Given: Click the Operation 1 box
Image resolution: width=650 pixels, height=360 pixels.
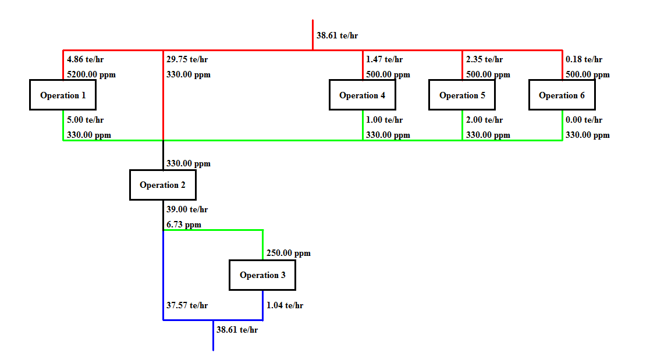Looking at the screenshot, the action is (63, 95).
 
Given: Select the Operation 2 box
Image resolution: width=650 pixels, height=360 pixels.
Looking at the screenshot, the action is (163, 185).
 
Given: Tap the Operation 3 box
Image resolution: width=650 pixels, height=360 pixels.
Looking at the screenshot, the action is (262, 275).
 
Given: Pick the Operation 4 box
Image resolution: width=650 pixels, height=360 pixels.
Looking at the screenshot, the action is (362, 95).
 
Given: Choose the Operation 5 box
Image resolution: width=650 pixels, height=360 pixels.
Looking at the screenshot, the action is (462, 95).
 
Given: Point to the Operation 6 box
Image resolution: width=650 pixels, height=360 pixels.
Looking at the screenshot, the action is (562, 95).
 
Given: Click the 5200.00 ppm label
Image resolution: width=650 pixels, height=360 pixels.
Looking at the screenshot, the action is (87, 75).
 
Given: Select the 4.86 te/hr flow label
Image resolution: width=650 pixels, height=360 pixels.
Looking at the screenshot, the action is (86, 59).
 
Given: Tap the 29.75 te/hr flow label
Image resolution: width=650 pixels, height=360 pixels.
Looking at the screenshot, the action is (187, 59).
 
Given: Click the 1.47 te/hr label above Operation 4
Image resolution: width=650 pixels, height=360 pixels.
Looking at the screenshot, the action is (384, 59).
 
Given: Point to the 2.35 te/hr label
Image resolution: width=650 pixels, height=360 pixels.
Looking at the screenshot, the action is (484, 59).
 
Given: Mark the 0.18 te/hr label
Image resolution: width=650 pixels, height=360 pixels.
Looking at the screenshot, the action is (584, 59).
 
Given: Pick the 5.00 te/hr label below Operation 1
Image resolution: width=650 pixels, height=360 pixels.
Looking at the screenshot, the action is (86, 120).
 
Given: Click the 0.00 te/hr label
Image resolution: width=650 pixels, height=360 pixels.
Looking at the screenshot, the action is (584, 120).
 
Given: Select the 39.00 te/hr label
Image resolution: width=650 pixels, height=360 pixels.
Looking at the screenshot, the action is (187, 210).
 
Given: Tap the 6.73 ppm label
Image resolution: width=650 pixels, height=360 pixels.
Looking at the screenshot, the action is (184, 224).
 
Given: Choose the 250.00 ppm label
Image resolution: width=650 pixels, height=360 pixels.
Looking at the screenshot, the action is (288, 254).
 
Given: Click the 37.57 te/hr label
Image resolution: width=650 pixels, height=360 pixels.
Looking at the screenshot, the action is (187, 305).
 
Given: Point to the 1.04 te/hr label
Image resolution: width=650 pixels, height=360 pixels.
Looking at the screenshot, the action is (285, 305).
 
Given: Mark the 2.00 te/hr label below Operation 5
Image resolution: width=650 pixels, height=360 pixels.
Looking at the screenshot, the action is (484, 120).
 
